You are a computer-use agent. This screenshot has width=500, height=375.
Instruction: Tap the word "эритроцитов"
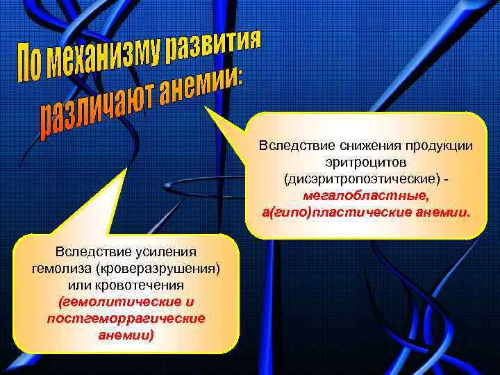366,162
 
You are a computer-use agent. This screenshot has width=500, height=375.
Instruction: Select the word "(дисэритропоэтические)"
362,179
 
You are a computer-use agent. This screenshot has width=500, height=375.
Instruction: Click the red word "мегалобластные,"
366,195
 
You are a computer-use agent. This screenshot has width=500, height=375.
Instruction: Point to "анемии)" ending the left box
126,335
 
